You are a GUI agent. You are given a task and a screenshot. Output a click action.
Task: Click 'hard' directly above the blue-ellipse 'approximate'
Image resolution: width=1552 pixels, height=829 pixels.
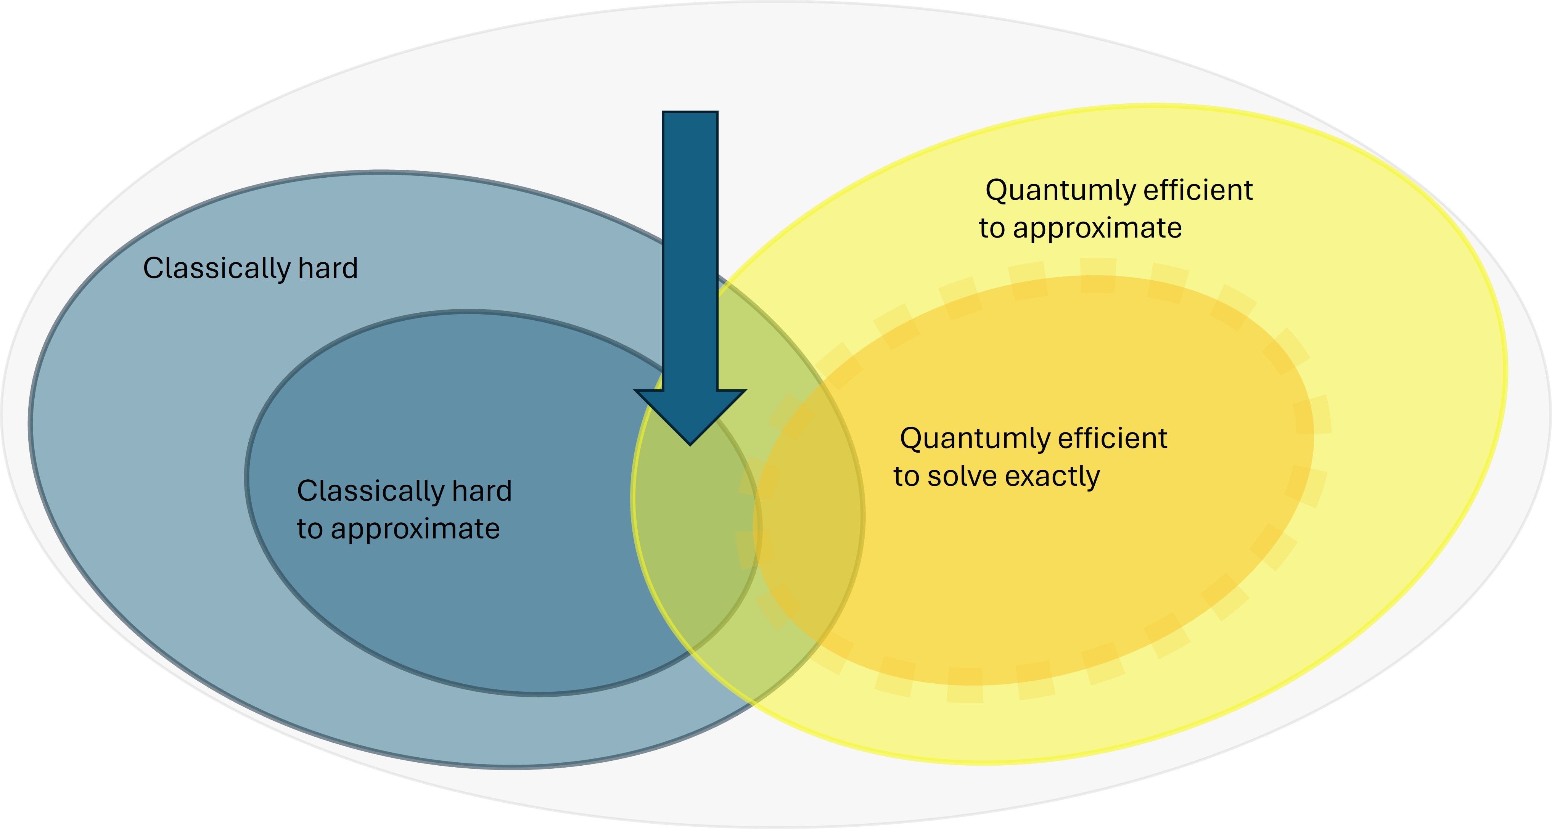click(482, 491)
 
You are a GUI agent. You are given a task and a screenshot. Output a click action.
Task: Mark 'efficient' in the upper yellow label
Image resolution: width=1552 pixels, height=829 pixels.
click(1198, 190)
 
